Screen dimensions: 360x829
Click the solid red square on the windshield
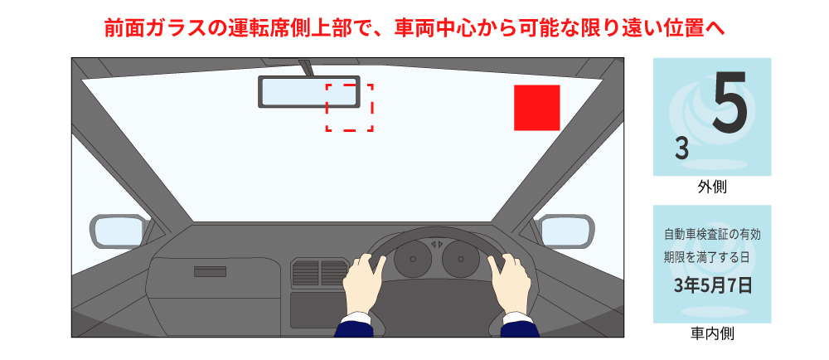pos(537,108)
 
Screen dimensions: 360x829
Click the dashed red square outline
pos(349,107)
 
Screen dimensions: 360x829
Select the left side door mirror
pos(118,230)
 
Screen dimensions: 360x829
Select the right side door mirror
pos(566,230)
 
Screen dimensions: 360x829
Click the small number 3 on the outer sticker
pos(681,149)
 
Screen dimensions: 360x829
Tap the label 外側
pos(712,187)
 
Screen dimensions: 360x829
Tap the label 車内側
pos(712,334)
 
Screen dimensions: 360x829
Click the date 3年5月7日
pos(712,287)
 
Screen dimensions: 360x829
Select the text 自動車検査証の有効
pos(712,234)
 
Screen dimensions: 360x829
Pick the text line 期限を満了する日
pos(712,257)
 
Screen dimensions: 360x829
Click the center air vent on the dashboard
pos(319,273)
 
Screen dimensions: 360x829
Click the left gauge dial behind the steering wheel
pos(411,260)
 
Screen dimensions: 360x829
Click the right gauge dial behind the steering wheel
pos(460,260)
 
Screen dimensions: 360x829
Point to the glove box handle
pos(210,271)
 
